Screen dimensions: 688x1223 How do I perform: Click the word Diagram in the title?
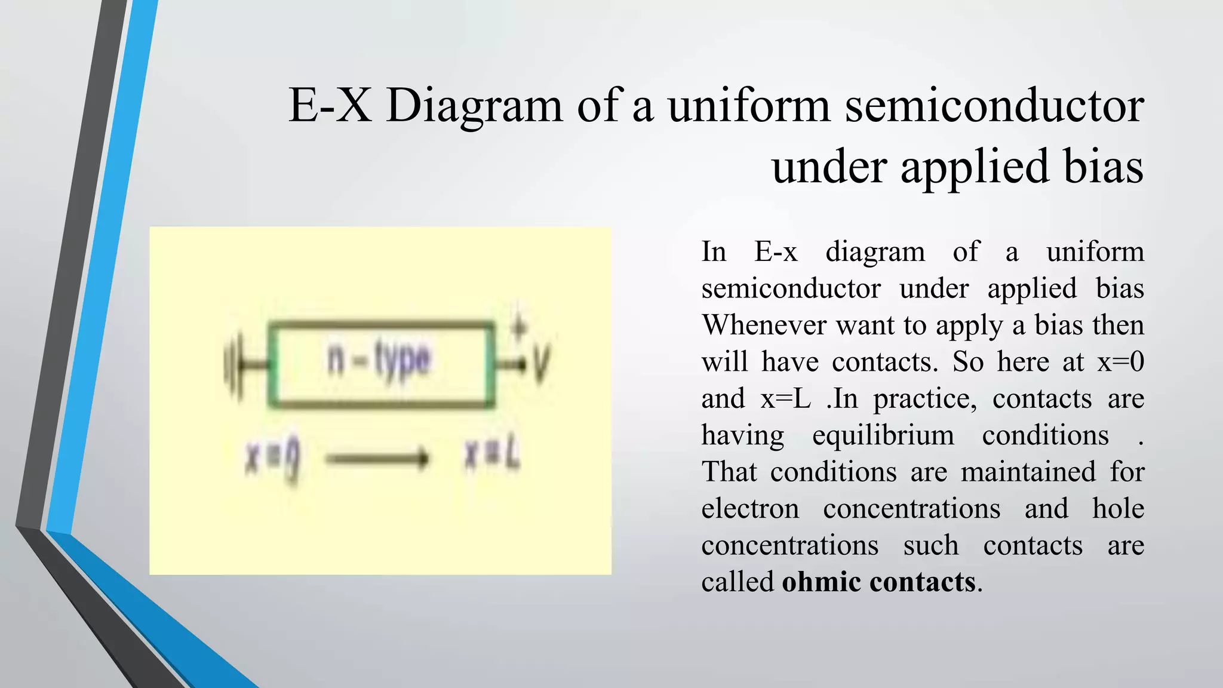pos(474,106)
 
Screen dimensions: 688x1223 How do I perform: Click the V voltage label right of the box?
pos(541,364)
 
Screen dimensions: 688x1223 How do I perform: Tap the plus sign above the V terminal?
pos(520,327)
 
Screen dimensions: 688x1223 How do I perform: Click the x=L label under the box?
pos(493,457)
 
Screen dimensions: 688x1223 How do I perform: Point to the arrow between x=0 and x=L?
pos(378,459)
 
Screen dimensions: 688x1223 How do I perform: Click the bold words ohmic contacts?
pos(879,582)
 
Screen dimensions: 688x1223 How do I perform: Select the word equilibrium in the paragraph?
pos(883,435)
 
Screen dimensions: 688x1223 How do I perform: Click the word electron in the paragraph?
pos(750,509)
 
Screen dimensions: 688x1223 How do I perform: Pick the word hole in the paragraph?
pos(1118,509)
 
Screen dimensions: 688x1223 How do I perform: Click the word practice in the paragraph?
pos(925,399)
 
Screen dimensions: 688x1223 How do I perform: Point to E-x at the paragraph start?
pos(776,252)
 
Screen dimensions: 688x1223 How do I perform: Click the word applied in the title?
pos(975,167)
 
